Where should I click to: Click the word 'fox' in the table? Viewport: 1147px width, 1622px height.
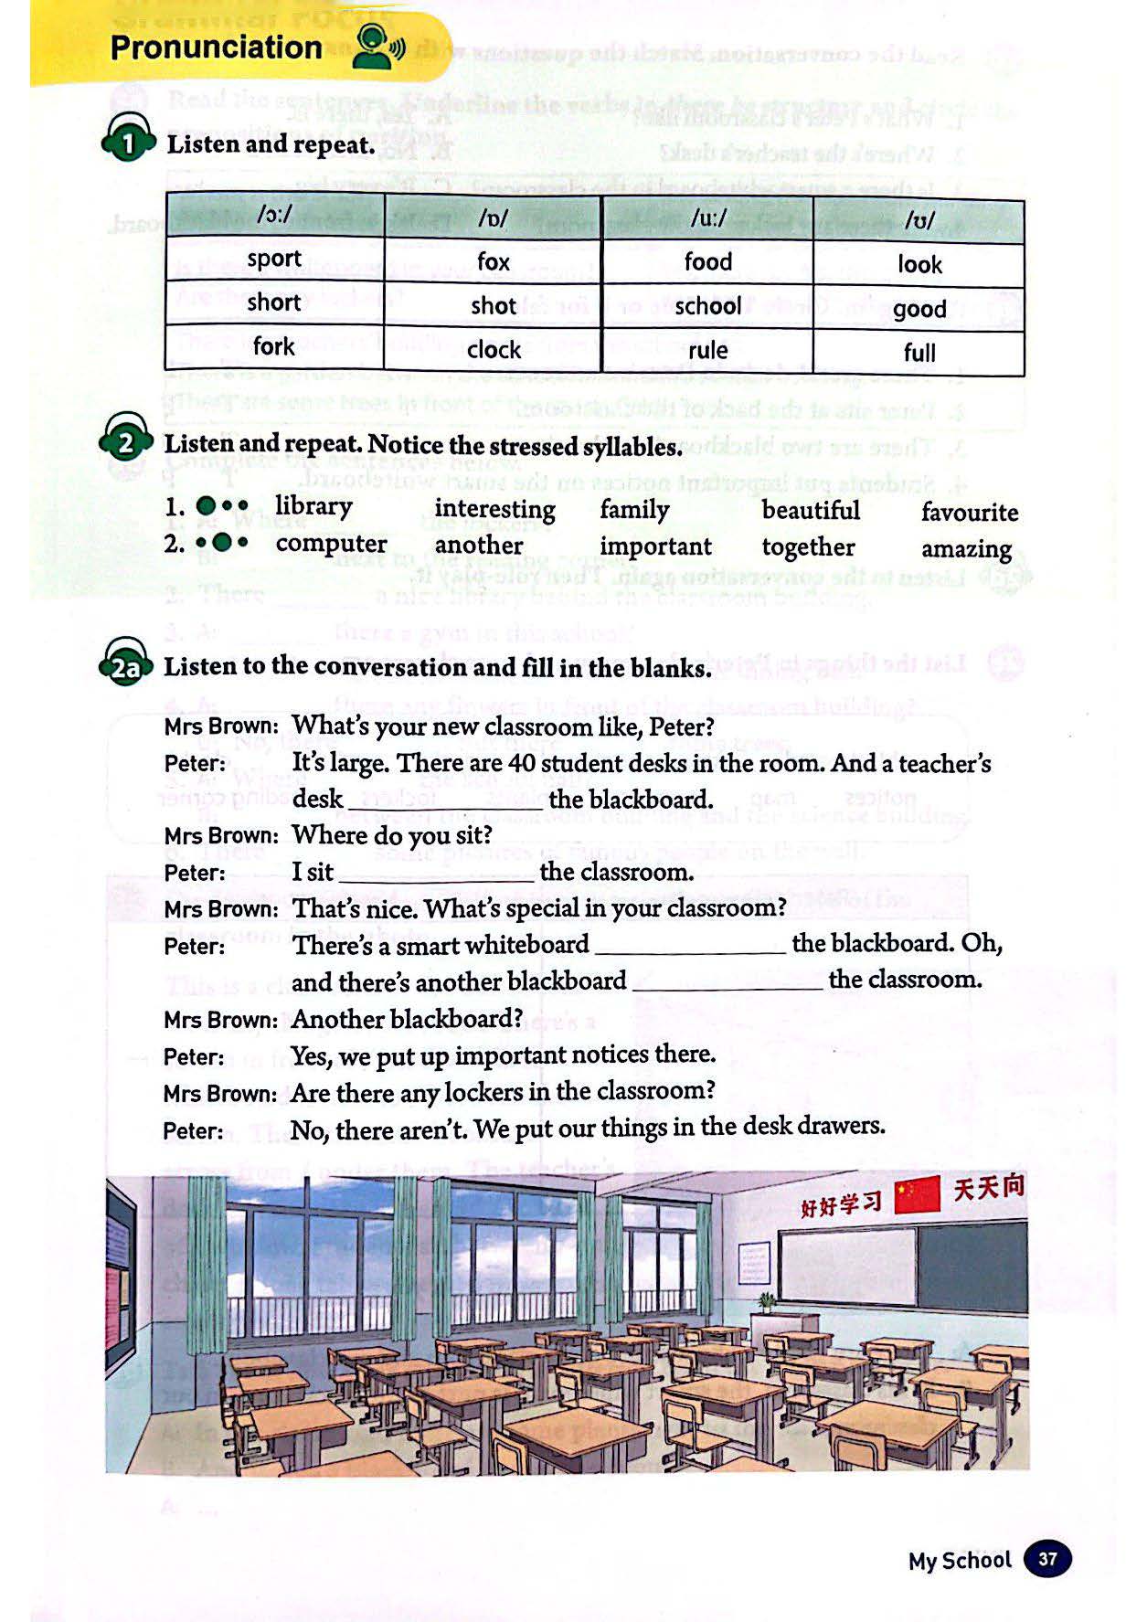coord(493,262)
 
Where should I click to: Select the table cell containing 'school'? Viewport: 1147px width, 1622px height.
coord(707,306)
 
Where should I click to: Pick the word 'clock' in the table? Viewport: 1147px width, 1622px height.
coord(494,350)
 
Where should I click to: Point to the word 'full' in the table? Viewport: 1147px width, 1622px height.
coord(919,353)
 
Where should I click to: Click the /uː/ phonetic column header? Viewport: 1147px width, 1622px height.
coord(708,218)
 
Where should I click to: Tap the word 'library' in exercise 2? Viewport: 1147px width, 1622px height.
coord(313,506)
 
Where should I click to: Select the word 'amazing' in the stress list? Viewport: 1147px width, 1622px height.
coord(966,549)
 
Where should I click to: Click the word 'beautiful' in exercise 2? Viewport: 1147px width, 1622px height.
coord(811,510)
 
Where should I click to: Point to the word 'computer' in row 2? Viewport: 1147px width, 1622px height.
coord(331,544)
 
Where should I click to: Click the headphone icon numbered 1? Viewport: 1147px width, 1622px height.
coord(127,142)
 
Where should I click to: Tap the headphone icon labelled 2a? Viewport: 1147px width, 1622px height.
coord(125,664)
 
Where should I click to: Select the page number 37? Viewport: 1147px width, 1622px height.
coord(1046,1559)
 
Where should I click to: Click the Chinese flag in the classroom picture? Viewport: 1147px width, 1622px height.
coord(917,1195)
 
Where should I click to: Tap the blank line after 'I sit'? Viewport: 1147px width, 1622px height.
coord(437,875)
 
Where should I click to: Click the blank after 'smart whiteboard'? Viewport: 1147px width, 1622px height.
coord(690,947)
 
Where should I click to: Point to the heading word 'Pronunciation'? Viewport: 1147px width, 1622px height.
coord(216,48)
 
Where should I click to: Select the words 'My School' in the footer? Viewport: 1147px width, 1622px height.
coord(959,1560)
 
